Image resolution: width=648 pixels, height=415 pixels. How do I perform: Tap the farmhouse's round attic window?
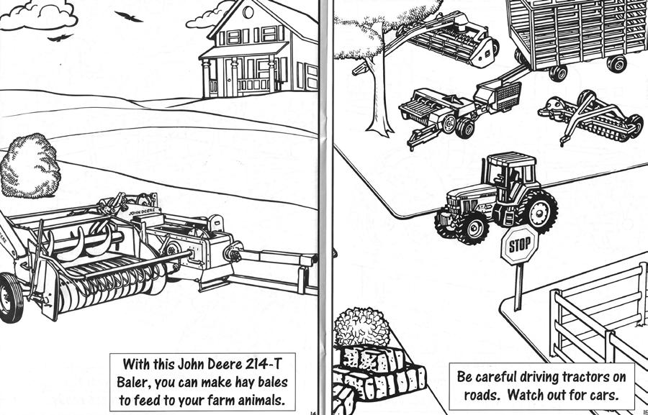(x=248, y=12)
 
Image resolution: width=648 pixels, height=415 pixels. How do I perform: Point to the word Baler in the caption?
(x=135, y=380)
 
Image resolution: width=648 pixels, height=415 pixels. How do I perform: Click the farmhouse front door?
(x=232, y=76)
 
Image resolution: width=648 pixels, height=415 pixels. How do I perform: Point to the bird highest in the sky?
(x=127, y=16)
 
